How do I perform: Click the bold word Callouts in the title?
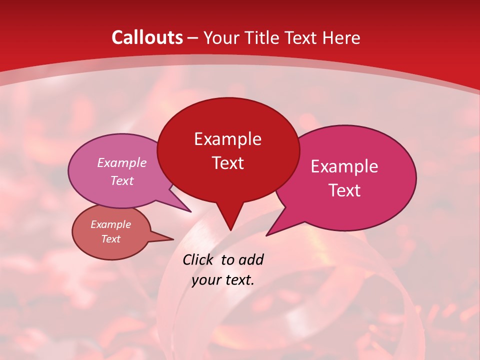click(x=147, y=37)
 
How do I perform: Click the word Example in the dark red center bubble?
click(x=227, y=139)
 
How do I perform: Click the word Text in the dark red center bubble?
click(x=227, y=163)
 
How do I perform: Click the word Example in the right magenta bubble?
click(x=344, y=166)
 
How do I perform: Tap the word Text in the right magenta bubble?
click(x=344, y=190)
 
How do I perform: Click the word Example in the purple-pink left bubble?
click(x=122, y=163)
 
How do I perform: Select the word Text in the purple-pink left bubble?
click(x=122, y=180)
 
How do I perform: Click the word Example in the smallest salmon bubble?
click(x=111, y=224)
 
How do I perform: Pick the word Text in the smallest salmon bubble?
click(x=111, y=239)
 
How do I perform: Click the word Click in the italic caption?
click(x=199, y=259)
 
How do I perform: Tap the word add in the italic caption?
click(x=251, y=259)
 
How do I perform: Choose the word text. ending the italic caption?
click(x=238, y=280)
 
